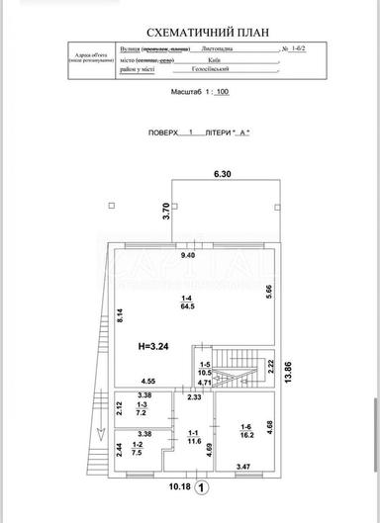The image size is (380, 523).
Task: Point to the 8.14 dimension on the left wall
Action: click(119, 317)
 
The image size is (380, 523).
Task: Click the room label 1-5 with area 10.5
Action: click(206, 370)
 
